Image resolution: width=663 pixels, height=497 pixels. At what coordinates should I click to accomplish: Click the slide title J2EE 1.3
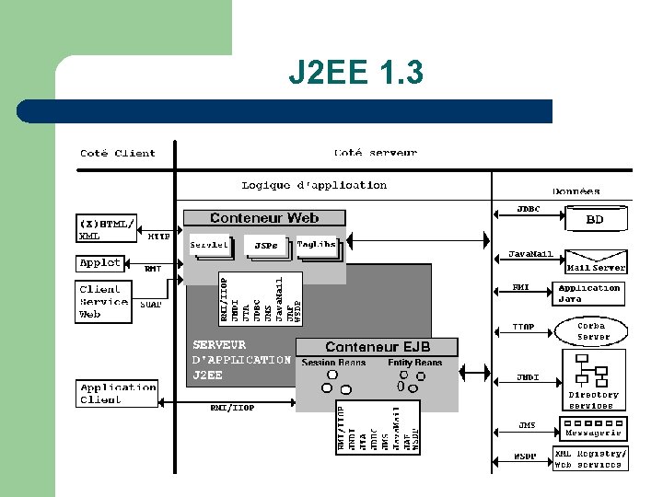coord(355,72)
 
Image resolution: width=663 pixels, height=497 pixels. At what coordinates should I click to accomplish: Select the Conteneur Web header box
coord(264,218)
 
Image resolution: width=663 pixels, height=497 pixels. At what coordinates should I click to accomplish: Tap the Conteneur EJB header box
coord(378,347)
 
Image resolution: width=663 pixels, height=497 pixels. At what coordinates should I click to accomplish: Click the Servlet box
coord(209,246)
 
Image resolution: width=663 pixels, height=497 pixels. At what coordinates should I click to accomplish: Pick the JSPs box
coord(266,247)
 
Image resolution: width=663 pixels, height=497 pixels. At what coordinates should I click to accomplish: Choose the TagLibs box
coord(317,245)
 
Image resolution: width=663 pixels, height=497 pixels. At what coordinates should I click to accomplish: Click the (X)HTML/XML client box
coord(106,228)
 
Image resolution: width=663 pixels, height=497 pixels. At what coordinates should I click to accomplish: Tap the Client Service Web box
coord(103,302)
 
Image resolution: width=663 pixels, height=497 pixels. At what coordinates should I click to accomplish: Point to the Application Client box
coord(118,393)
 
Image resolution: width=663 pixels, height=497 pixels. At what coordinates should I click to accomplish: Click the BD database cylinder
coord(595,220)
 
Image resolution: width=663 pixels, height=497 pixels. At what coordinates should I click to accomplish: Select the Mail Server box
coord(596,262)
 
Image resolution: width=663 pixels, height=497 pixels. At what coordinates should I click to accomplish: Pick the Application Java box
coord(589,294)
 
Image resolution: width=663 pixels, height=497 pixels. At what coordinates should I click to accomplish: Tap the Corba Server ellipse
coord(591,331)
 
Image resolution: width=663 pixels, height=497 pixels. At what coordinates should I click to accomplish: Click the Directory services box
coord(593,380)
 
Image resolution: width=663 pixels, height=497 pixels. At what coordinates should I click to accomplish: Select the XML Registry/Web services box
coord(590,458)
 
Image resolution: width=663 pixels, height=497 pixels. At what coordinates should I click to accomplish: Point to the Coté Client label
coord(118,153)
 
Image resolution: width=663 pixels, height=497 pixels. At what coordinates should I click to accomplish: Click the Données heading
coord(576,191)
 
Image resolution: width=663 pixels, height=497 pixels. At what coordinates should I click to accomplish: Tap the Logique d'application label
coord(314,185)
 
